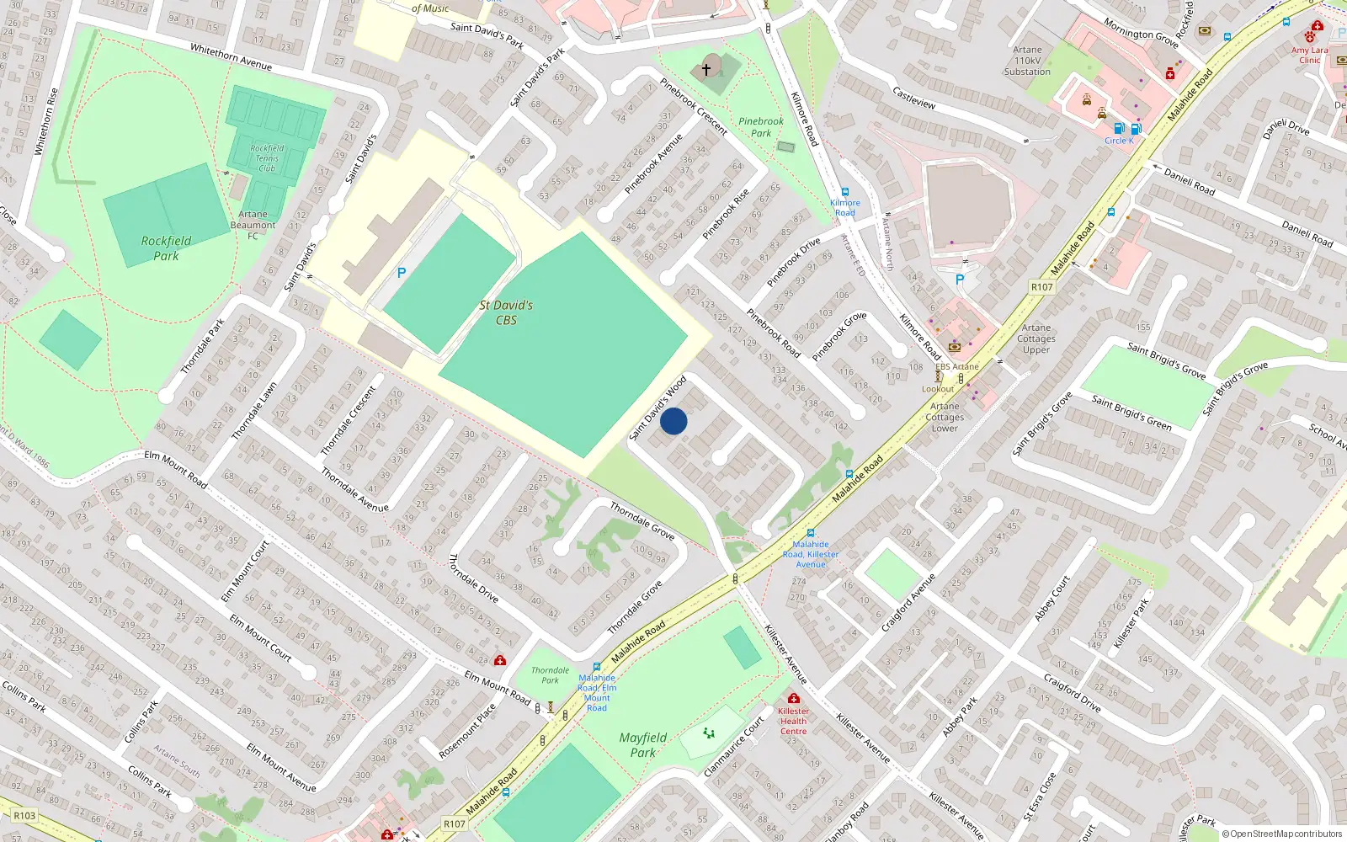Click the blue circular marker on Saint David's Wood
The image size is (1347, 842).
pyautogui.click(x=673, y=421)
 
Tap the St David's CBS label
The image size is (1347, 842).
pyautogui.click(x=506, y=312)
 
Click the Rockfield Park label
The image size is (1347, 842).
pyautogui.click(x=166, y=248)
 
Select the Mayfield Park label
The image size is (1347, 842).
pyautogui.click(x=642, y=744)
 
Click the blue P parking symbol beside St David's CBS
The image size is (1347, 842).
pyautogui.click(x=402, y=273)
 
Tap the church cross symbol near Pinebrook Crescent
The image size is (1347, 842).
pyautogui.click(x=706, y=69)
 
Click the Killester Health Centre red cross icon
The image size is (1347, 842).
pyautogui.click(x=793, y=698)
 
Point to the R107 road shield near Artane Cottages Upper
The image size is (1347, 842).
pyautogui.click(x=1041, y=287)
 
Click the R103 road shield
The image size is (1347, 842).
pyautogui.click(x=24, y=815)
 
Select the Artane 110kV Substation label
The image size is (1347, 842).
pyautogui.click(x=1027, y=61)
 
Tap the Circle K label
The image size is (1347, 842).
pyautogui.click(x=1119, y=141)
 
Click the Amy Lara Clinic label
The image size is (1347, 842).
pyautogui.click(x=1309, y=55)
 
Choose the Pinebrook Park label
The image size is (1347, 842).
pyautogui.click(x=761, y=127)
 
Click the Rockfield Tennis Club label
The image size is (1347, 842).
pyautogui.click(x=267, y=157)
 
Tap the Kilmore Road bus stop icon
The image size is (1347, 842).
pyautogui.click(x=844, y=192)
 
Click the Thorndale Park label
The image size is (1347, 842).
pyautogui.click(x=550, y=675)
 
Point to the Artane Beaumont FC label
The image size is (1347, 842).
pyautogui.click(x=253, y=225)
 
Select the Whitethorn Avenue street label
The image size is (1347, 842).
pyautogui.click(x=231, y=56)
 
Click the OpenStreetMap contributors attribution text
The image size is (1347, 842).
pyautogui.click(x=1281, y=834)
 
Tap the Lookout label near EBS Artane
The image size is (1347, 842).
pyautogui.click(x=938, y=389)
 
